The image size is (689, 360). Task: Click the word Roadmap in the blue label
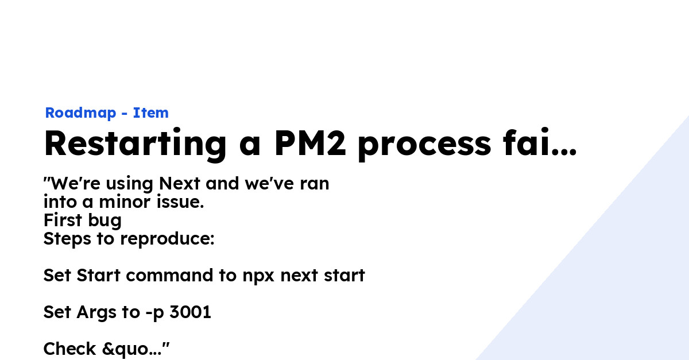tap(80, 113)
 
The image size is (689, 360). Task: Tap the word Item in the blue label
tap(151, 113)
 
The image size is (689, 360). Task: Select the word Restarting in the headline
tap(135, 144)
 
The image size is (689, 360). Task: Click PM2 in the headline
tap(310, 144)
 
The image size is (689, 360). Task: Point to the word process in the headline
tap(424, 145)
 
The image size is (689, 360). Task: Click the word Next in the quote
tap(180, 184)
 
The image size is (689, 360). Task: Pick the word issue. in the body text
tap(179, 203)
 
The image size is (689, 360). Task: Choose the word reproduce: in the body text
tap(167, 239)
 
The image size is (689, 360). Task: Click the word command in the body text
tap(170, 276)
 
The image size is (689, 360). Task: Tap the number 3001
tap(190, 313)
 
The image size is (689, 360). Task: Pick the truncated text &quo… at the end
tap(134, 349)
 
